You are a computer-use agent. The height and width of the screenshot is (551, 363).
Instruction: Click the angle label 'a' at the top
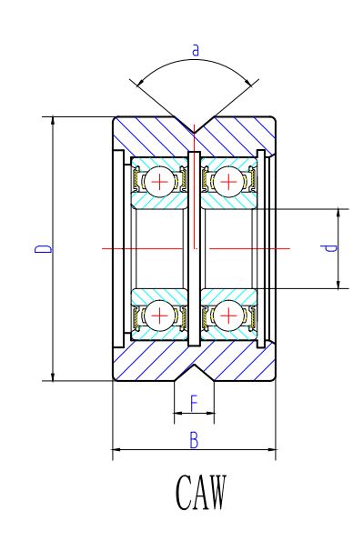tap(196, 50)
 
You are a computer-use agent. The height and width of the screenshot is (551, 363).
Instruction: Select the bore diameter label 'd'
tap(329, 248)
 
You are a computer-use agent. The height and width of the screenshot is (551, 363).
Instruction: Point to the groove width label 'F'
tap(194, 403)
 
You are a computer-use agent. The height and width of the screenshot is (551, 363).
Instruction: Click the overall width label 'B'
tap(194, 440)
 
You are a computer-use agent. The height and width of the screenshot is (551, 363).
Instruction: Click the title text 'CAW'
tap(201, 492)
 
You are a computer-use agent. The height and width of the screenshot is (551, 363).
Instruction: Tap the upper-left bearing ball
tap(160, 182)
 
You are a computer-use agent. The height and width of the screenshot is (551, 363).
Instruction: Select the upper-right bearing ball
tap(229, 182)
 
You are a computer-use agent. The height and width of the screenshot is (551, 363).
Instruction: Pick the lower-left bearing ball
tap(160, 316)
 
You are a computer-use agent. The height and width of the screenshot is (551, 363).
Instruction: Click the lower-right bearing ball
tap(229, 316)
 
